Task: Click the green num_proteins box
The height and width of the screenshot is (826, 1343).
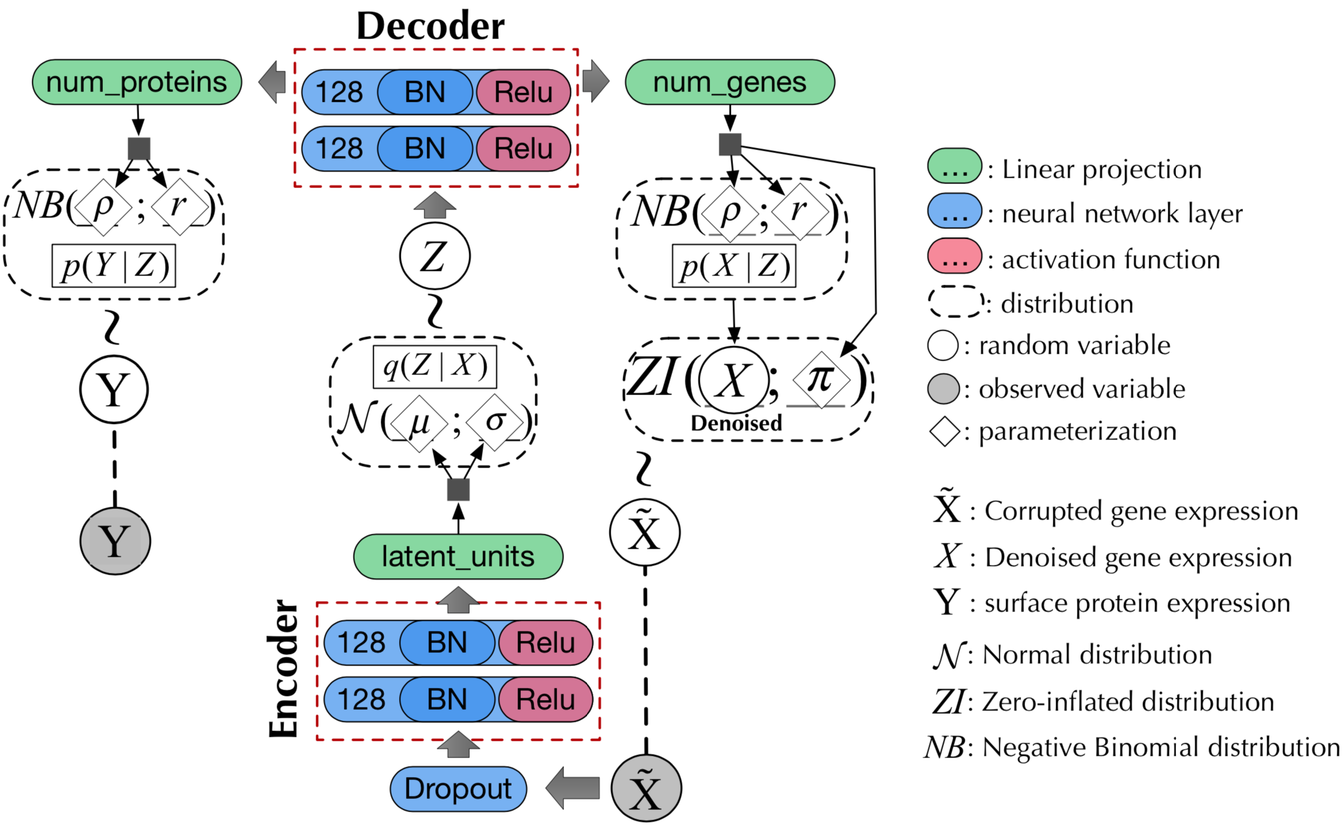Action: click(137, 82)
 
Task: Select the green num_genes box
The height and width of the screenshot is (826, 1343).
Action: click(730, 82)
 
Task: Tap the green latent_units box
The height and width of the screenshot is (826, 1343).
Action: click(458, 557)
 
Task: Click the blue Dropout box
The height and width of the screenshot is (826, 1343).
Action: click(458, 789)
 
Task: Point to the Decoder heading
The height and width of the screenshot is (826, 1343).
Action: click(431, 26)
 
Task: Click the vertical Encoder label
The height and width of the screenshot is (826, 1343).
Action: click(283, 668)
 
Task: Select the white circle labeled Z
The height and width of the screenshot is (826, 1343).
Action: click(435, 256)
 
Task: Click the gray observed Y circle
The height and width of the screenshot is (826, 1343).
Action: click(115, 541)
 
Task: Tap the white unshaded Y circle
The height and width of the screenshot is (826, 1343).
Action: click(114, 389)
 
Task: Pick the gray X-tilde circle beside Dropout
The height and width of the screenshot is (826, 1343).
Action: click(646, 788)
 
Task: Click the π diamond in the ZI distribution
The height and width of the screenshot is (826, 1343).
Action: click(821, 380)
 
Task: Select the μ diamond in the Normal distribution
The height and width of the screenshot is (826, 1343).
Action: click(419, 423)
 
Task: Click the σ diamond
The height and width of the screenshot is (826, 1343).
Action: click(495, 422)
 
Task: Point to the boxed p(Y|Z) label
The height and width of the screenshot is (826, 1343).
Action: click(114, 266)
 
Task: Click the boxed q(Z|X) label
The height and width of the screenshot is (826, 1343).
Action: click(435, 366)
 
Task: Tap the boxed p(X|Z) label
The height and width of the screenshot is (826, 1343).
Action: click(734, 266)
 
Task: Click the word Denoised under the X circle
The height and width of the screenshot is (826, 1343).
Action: click(736, 423)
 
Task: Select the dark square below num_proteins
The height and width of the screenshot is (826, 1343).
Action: click(139, 148)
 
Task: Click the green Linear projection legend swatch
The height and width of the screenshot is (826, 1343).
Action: click(954, 166)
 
